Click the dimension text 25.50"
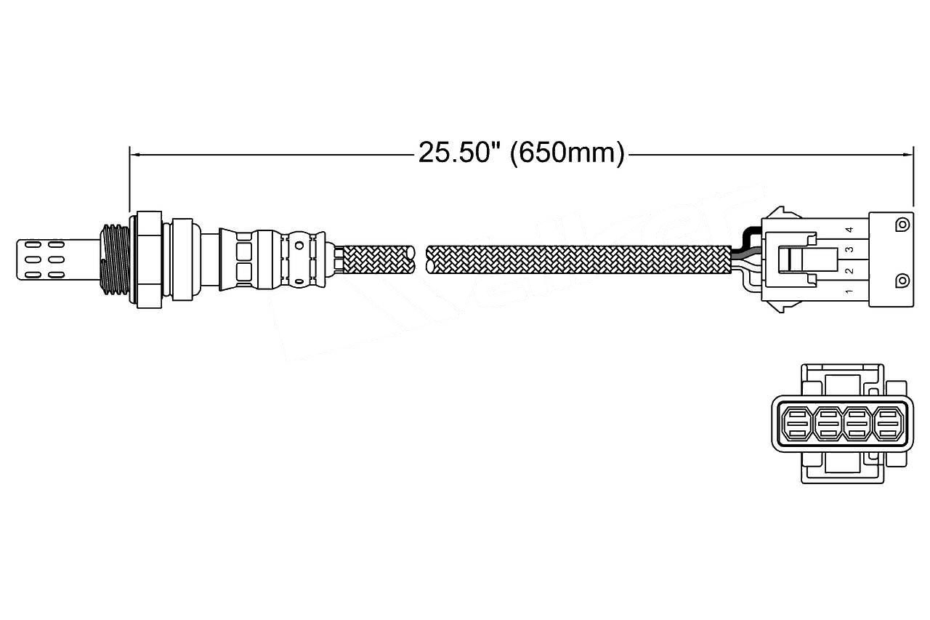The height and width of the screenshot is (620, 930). coord(459,153)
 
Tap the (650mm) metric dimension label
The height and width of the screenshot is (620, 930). coord(567,153)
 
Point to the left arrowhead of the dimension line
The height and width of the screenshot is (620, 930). coord(133,154)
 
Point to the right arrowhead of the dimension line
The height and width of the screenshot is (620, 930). coord(908,154)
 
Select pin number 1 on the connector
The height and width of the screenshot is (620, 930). coord(848,293)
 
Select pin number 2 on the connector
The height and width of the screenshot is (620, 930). coord(848,271)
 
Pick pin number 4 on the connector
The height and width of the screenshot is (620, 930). coord(848,230)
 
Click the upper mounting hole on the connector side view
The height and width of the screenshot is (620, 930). coord(902,224)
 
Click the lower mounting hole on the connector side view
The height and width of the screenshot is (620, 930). coord(902,280)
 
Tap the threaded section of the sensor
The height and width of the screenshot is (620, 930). coord(114,259)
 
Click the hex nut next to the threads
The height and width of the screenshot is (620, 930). coord(147,259)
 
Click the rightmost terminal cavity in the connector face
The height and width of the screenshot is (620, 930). coord(887,423)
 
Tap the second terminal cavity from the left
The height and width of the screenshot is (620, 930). coord(827,423)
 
